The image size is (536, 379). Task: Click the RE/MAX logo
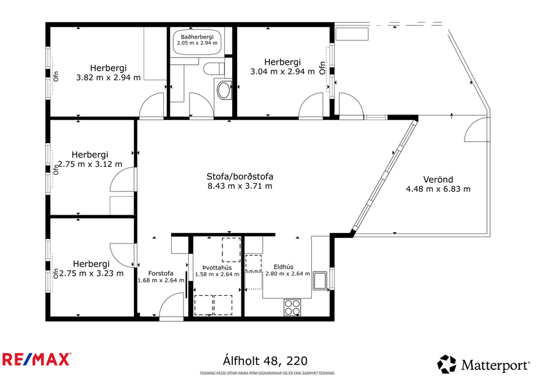(x=36, y=359)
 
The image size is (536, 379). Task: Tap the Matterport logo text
(x=495, y=366)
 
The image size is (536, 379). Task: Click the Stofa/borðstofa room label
(x=240, y=177)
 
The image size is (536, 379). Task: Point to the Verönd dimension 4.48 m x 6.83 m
(x=438, y=189)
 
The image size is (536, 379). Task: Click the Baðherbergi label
(x=197, y=37)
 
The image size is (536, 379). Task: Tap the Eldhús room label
(x=284, y=267)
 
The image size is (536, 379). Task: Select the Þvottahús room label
(x=216, y=267)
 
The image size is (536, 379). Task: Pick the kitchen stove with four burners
(x=293, y=307)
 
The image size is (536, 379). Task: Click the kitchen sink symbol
(x=320, y=282)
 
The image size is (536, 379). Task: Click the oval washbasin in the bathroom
(x=224, y=90)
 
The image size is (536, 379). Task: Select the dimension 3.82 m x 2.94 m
(x=108, y=78)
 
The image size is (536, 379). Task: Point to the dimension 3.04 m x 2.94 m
(x=282, y=72)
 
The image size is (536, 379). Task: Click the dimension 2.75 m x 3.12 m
(x=90, y=164)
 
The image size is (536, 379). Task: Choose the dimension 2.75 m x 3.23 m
(x=90, y=273)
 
